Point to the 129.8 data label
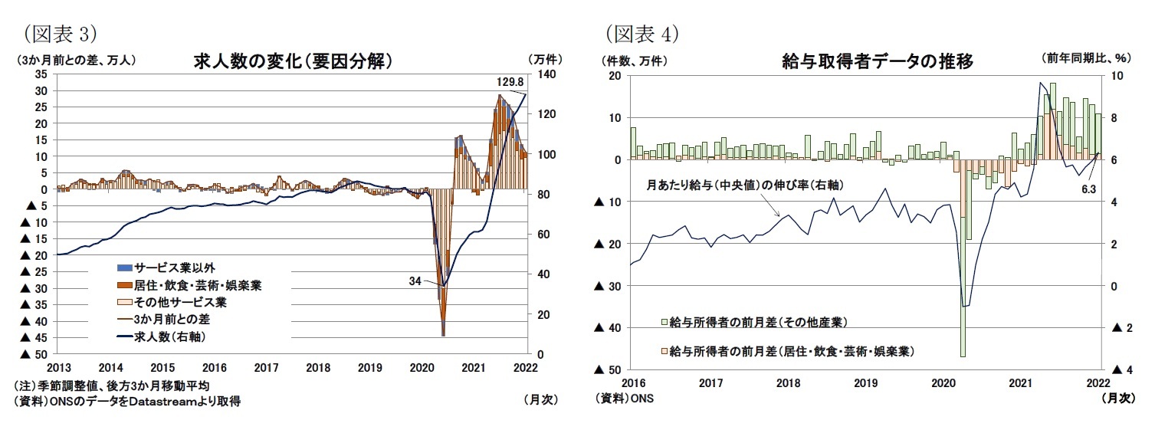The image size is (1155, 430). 510,81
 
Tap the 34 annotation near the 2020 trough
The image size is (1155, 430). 415,281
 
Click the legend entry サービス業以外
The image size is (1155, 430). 173,268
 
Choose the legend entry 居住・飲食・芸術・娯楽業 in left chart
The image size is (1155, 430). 198,285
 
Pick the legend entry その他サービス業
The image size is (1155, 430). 179,302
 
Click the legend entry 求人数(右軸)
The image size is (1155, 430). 172,336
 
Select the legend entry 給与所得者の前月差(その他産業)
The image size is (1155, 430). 756,320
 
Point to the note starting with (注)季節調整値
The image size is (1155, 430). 111,386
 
